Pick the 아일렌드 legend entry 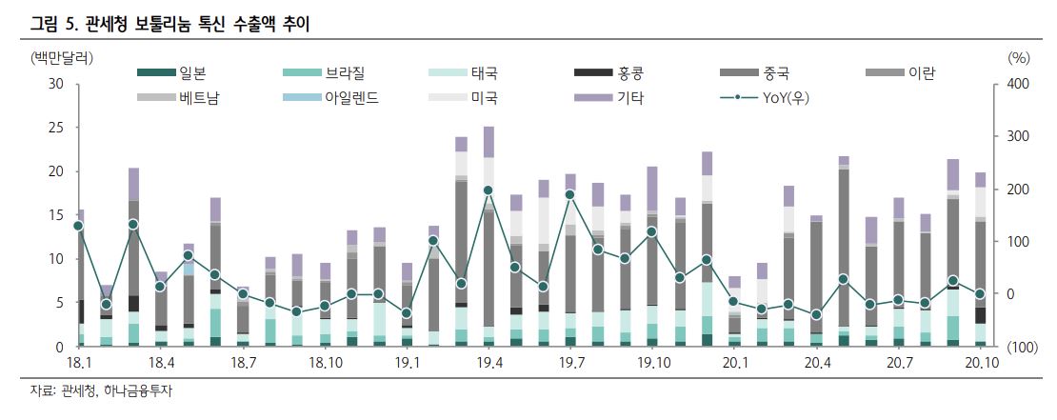(x=351, y=97)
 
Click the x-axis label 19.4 (x=489, y=364)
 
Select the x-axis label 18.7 (x=243, y=364)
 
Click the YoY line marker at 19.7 (x=569, y=194)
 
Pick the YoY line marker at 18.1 (x=78, y=226)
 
